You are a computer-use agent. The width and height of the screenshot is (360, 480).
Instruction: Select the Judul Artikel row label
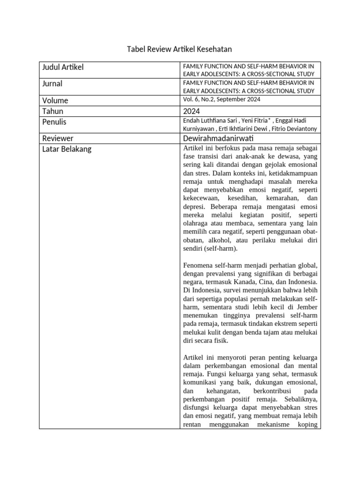[x=63, y=67]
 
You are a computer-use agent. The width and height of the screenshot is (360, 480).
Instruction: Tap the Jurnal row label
[x=52, y=84]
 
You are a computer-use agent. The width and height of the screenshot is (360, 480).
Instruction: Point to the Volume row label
[x=55, y=100]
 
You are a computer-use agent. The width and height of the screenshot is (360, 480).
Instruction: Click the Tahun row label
[x=53, y=111]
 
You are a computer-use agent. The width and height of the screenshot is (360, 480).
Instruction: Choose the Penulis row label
[x=54, y=122]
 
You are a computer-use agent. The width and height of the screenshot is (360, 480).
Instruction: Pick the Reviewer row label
[x=58, y=138]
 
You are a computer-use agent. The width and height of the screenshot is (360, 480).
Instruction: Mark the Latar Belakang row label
[x=67, y=149]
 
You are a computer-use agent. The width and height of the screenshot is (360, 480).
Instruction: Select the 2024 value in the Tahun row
[x=191, y=111]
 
